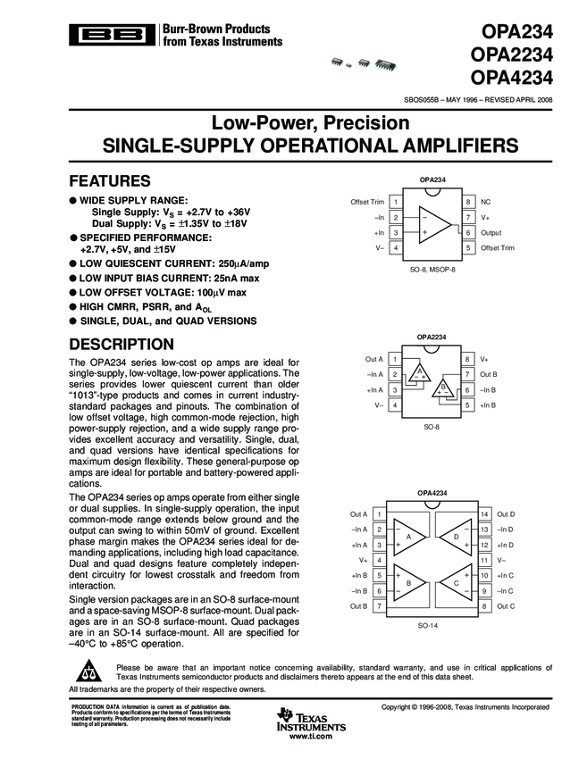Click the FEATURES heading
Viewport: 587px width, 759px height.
[116, 179]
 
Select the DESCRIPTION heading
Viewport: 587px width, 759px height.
[128, 344]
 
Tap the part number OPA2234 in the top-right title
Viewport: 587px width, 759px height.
[511, 55]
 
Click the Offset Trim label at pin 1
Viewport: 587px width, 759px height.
[367, 203]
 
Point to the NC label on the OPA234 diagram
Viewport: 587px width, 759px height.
[486, 203]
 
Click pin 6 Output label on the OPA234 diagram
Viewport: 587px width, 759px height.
[491, 232]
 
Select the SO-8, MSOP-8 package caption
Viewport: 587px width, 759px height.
[432, 268]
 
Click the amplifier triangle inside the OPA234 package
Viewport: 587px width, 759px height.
[432, 225]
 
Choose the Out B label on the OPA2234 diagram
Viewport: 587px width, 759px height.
[488, 374]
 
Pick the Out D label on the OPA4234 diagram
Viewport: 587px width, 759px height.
[506, 514]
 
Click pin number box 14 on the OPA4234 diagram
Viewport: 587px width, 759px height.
[485, 514]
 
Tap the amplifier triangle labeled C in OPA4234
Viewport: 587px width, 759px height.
[456, 582]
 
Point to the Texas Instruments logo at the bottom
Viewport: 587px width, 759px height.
[306, 721]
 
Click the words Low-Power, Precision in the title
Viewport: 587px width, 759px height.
[293, 122]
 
